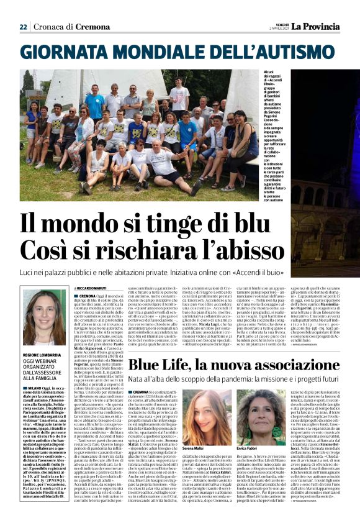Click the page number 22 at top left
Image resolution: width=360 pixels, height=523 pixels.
pyautogui.click(x=23, y=27)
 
